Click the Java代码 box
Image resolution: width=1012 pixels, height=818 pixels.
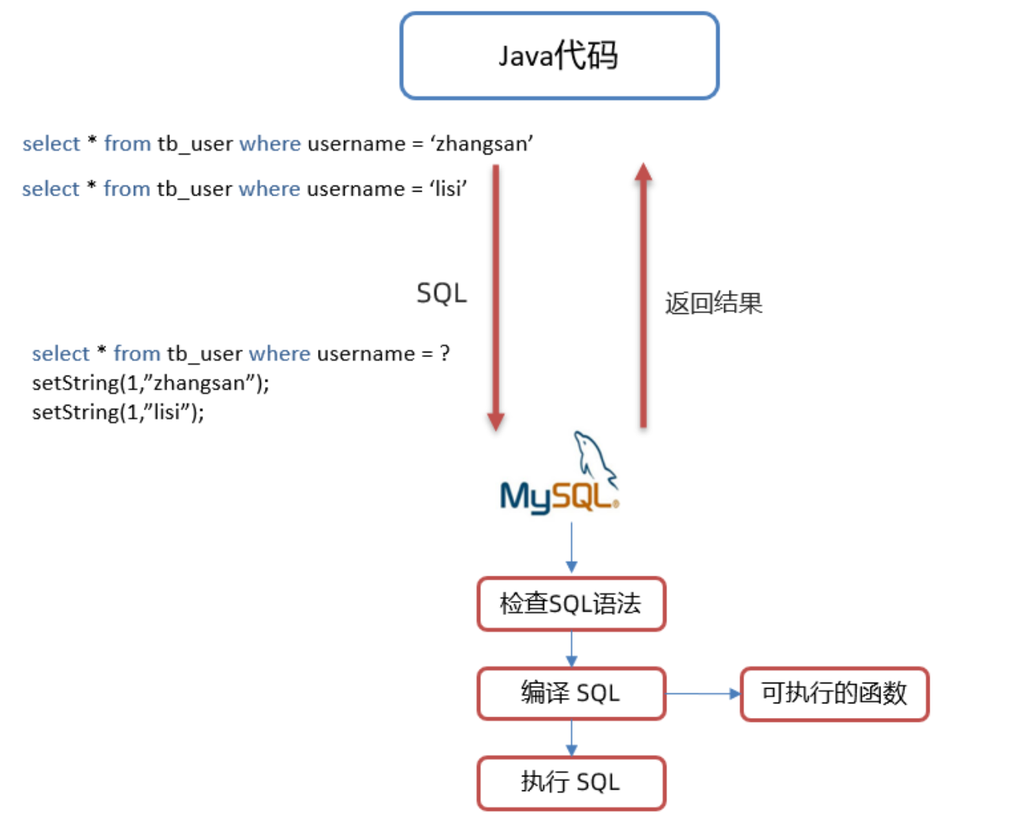tap(559, 55)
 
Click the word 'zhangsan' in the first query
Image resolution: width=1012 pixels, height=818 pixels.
tap(482, 144)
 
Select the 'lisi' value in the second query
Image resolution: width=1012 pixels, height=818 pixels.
tap(448, 189)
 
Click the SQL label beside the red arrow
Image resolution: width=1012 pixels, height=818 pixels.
tap(442, 293)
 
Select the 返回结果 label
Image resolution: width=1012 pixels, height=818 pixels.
tap(713, 303)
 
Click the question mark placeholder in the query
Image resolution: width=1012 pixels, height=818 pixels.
tap(445, 353)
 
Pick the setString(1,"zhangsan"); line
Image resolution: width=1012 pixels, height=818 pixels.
tap(151, 382)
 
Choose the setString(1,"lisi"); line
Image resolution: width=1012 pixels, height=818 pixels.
tap(119, 412)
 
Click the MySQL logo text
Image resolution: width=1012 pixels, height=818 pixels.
tap(557, 497)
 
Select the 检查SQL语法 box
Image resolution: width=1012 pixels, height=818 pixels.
tap(571, 604)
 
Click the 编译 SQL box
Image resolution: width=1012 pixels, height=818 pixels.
tap(571, 693)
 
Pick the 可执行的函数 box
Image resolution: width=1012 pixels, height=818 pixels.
tap(834, 693)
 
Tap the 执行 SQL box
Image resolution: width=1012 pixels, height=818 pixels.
tap(571, 783)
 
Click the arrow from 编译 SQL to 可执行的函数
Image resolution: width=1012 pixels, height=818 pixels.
tap(702, 693)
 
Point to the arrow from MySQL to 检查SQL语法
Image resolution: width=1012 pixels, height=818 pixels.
tap(571, 548)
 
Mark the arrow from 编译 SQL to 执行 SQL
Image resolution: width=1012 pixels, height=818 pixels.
tap(571, 738)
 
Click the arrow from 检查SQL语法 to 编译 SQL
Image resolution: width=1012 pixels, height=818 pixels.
tap(571, 649)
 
